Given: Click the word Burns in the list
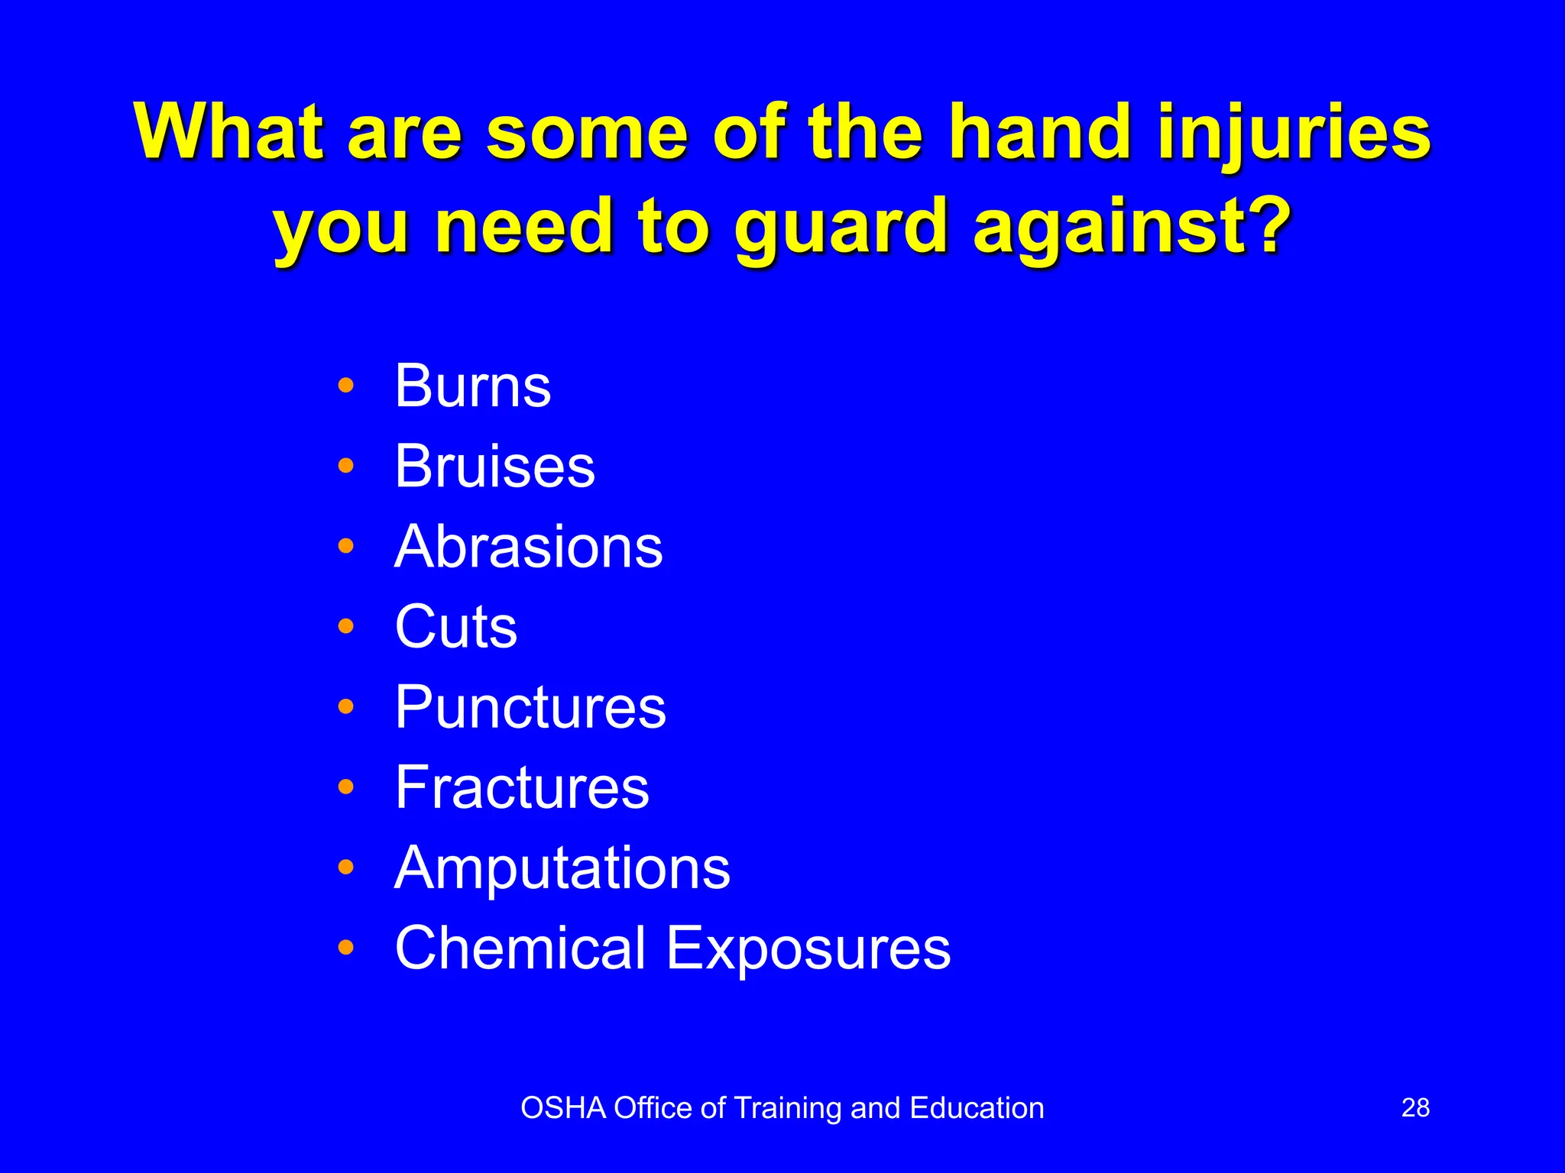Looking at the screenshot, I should point(472,386).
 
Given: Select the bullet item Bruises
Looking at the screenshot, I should point(494,467).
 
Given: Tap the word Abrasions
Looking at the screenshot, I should point(528,547).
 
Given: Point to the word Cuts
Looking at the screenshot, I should point(455,627).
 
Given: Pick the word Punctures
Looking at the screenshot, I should point(530,708).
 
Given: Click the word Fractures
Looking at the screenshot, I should point(522,788).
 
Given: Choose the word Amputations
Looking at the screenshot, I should point(562,868).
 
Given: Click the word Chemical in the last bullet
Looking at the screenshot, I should point(521,948).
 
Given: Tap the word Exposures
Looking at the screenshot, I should point(808,948).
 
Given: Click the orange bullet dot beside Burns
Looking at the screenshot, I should point(346,386).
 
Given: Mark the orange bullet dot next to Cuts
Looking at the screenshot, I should point(346,626).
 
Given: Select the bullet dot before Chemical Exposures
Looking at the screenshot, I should point(346,948).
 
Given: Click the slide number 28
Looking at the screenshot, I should point(1415,1108).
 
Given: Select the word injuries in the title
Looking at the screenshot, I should point(1294,134).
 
